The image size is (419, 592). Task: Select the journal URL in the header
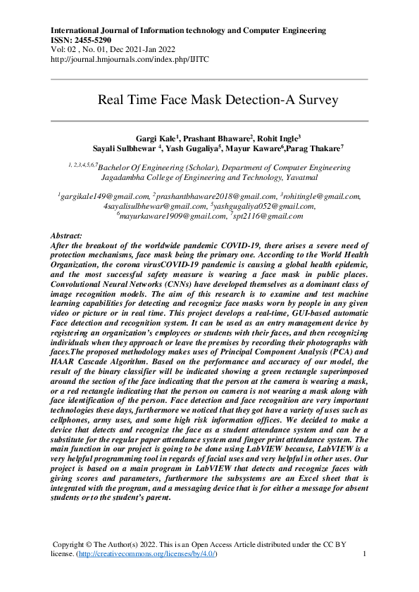tap(130, 59)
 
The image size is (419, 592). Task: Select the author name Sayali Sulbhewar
tap(125, 148)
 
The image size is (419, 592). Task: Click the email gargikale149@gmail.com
tap(105, 197)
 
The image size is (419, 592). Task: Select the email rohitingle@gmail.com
tap(323, 197)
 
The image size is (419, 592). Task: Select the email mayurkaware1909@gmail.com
tap(172, 217)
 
